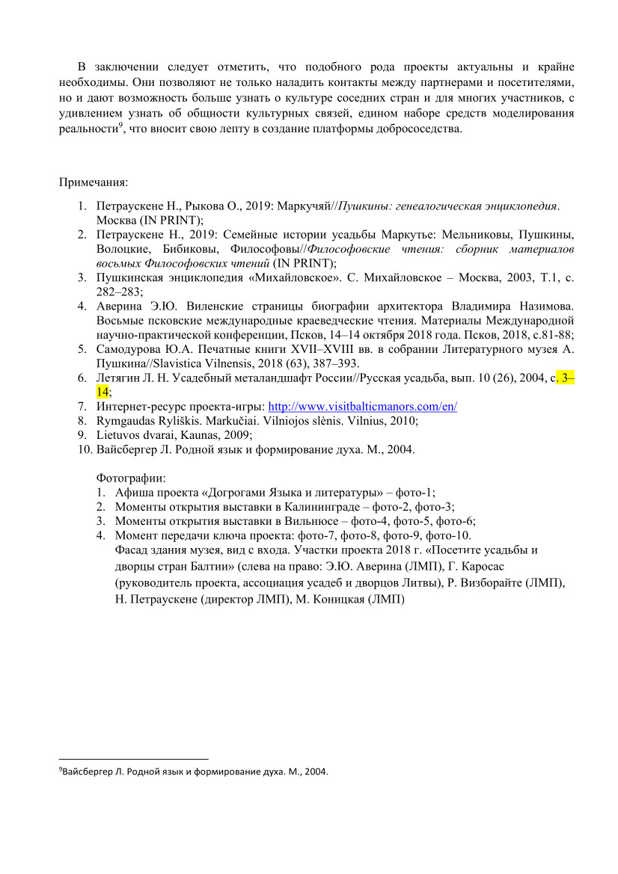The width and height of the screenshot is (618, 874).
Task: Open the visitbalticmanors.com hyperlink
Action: (x=362, y=407)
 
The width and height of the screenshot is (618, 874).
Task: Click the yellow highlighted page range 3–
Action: (x=568, y=378)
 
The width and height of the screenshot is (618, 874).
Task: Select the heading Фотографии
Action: (x=131, y=477)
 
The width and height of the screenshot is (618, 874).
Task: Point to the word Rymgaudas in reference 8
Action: (x=126, y=421)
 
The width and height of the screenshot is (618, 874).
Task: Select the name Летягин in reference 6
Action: (x=120, y=378)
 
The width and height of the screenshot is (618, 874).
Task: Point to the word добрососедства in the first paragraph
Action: (x=415, y=129)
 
